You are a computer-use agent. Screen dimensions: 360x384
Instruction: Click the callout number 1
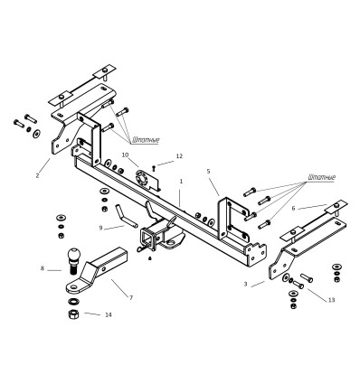(x=181, y=182)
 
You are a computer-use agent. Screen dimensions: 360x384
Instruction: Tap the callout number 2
(x=37, y=175)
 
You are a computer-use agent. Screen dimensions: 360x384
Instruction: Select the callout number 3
(x=246, y=284)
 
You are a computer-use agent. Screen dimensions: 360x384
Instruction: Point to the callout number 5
(x=208, y=171)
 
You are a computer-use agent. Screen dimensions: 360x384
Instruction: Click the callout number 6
(x=293, y=208)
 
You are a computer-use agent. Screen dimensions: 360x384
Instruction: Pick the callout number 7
(x=131, y=297)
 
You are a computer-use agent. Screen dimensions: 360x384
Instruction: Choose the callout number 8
(x=43, y=267)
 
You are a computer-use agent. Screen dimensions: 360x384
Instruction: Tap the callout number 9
(x=100, y=228)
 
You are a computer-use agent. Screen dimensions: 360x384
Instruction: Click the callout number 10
(x=125, y=155)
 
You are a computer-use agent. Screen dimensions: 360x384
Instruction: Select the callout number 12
(x=179, y=156)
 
